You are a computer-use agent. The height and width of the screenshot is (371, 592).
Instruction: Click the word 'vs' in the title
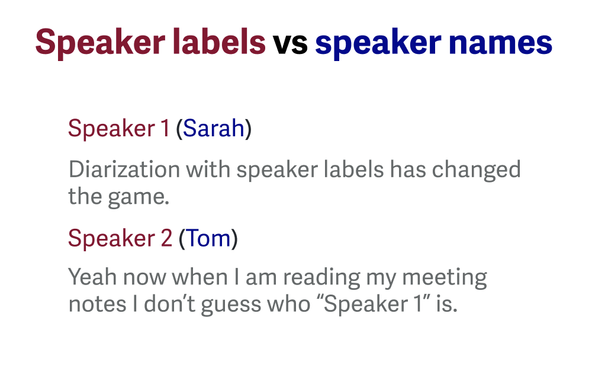290,43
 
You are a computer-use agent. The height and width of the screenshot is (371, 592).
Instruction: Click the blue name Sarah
214,129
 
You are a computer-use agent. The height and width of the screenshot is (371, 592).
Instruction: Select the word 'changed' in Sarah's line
476,169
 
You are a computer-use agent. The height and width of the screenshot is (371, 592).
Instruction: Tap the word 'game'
137,197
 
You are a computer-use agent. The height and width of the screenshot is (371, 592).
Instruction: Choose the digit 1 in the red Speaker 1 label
165,129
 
